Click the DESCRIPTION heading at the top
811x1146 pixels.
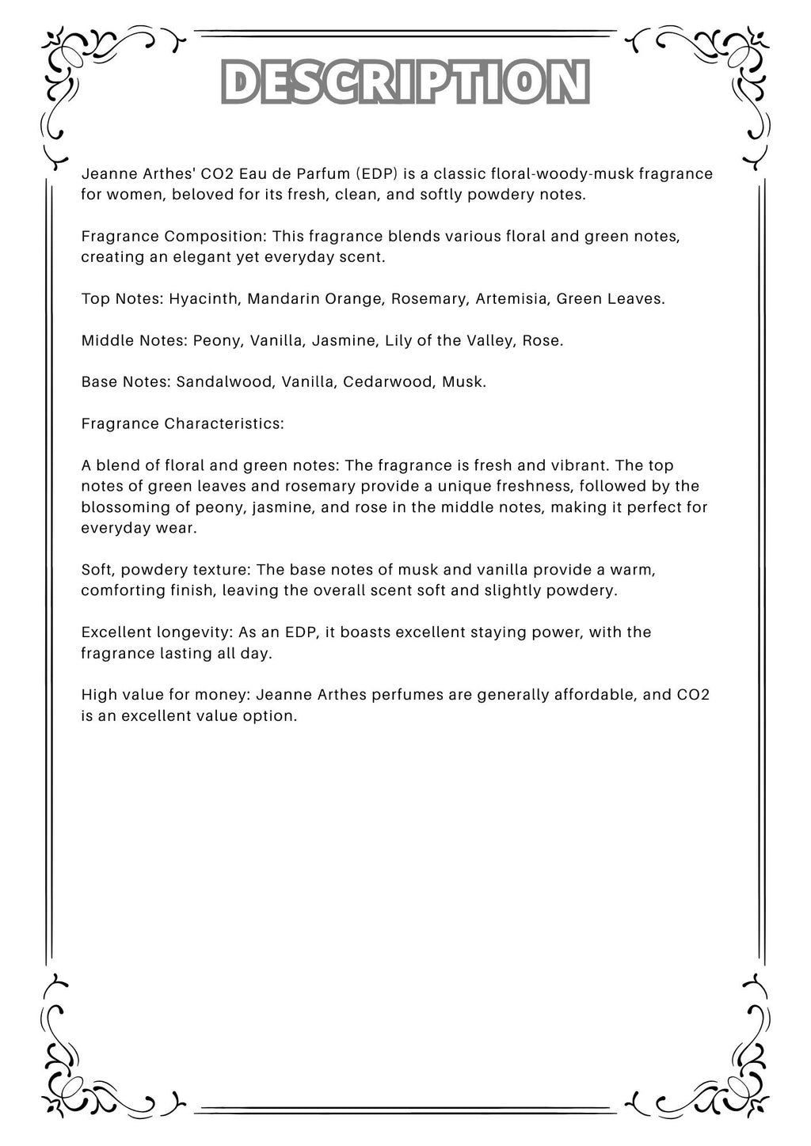point(405,82)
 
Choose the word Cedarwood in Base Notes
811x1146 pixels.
point(388,381)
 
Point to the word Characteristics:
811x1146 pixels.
point(224,423)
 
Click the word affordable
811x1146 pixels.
point(600,695)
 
